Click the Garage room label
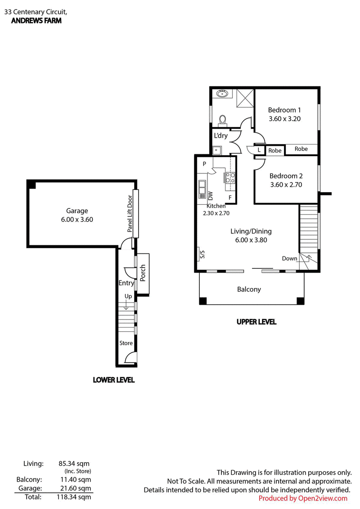click(77, 211)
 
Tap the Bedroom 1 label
click(284, 110)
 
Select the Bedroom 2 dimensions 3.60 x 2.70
click(286, 185)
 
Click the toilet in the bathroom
click(222, 120)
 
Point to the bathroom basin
click(222, 94)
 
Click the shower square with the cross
click(245, 98)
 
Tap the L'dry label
click(221, 136)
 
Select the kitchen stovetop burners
click(230, 178)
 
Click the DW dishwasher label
click(210, 196)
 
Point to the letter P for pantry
click(204, 164)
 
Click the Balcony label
click(249, 289)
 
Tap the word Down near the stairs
click(289, 258)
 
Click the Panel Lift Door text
click(130, 214)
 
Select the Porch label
click(143, 273)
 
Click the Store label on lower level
click(126, 343)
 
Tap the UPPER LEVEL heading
click(256, 322)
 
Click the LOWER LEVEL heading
click(113, 380)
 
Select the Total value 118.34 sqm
click(74, 497)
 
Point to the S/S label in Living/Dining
click(202, 255)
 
